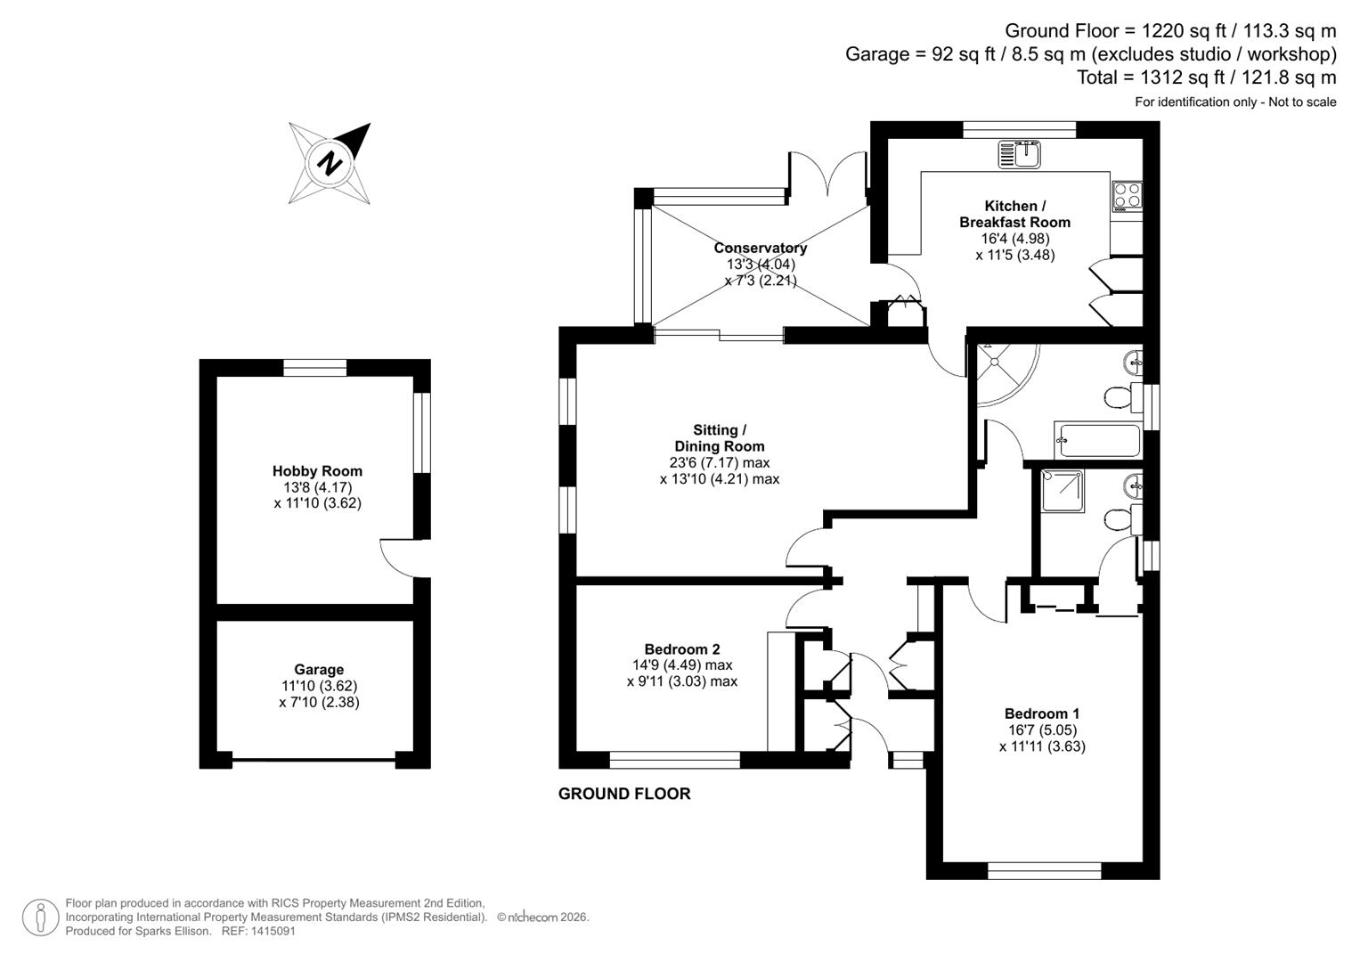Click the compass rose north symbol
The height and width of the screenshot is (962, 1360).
pos(330,163)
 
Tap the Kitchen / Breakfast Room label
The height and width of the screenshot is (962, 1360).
pos(1014,214)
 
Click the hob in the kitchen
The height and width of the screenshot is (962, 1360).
pos(1127,195)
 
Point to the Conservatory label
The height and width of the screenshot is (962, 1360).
pos(760,248)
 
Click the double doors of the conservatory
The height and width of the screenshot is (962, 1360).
pos(827,174)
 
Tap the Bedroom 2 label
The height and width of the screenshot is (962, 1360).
pos(681,649)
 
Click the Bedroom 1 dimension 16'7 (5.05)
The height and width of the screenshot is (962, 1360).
pos(1041,730)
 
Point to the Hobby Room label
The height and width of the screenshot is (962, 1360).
pos(317,471)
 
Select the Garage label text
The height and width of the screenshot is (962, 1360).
pos(319,670)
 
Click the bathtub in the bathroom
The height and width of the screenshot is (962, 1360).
pos(1097,440)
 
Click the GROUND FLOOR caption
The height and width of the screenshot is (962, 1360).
pos(623,794)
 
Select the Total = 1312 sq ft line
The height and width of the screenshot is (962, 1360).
pos(1206,77)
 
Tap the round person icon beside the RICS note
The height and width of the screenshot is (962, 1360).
pos(40,917)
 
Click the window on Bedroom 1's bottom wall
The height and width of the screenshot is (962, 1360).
pos(1044,870)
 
